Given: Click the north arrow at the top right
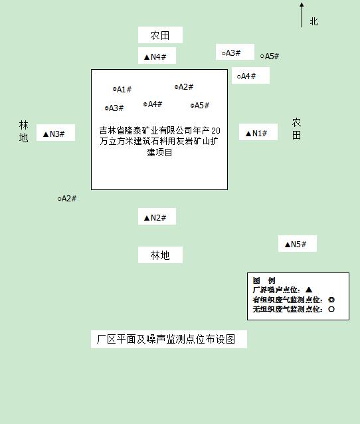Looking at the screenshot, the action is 302,15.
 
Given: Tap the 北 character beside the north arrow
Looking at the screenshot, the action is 314,21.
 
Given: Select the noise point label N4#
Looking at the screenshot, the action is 155,56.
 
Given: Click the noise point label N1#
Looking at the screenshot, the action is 256,134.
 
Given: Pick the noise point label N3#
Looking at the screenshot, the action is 54,134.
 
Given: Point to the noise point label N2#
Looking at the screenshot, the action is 155,218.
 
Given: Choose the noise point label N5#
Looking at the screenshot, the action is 296,245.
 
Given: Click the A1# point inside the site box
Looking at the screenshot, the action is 122,89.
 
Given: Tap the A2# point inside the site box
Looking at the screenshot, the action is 184,87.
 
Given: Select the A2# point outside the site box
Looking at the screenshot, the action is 67,199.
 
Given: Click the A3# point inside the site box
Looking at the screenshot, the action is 114,108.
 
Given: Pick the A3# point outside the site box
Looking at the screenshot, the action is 231,53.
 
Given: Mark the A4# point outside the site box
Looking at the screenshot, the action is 246,76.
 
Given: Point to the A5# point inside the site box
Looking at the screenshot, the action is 200,105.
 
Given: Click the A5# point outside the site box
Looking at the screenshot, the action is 270,56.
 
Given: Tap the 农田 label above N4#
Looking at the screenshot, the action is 160,35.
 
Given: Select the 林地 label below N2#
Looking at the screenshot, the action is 160,255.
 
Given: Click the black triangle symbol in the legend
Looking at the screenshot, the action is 309,290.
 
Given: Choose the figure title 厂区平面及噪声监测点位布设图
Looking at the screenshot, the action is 166,339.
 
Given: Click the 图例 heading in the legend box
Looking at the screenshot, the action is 264,280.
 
